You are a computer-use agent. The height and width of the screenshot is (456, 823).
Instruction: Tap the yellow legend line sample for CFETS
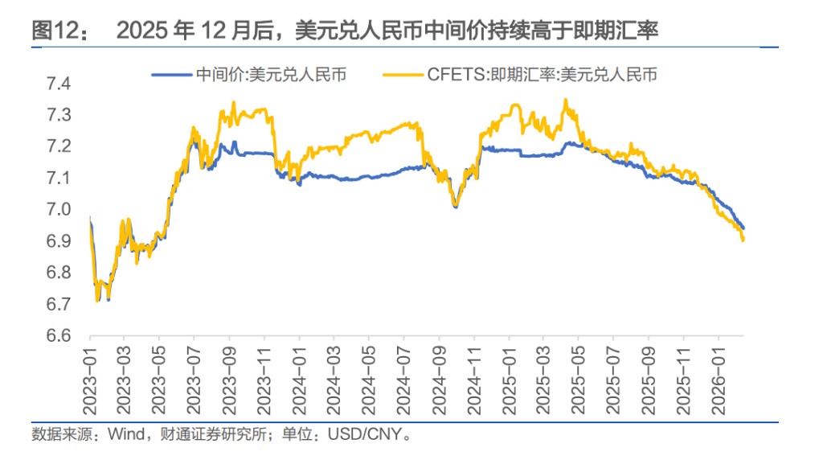coord(402,75)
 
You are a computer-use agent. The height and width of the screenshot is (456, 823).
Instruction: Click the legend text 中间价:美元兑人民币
coord(270,75)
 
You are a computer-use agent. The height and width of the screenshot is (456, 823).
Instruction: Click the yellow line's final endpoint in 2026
coord(743,240)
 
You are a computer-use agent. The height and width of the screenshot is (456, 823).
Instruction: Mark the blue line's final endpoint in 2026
coord(743,228)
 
